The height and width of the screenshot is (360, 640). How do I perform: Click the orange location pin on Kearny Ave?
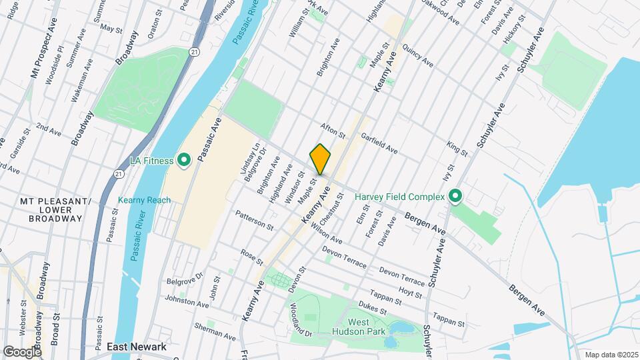(321, 159)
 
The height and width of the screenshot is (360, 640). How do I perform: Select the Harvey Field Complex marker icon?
(455, 197)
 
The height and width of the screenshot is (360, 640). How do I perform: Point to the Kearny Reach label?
(144, 200)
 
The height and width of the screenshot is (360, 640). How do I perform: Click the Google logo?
(21, 351)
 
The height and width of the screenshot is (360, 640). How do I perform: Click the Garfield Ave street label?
(379, 143)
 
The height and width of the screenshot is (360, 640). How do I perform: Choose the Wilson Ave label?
(326, 235)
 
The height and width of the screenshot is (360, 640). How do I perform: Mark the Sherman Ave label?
(212, 328)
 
